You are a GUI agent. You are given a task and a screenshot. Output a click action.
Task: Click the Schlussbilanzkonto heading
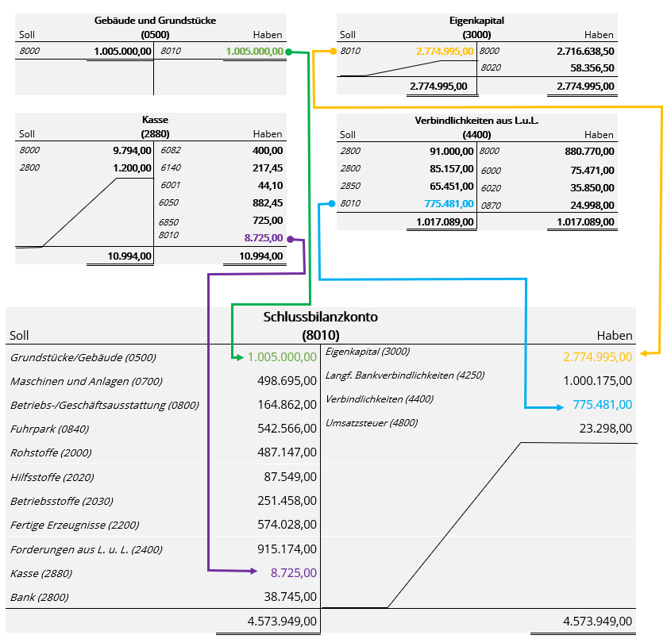pos(320,316)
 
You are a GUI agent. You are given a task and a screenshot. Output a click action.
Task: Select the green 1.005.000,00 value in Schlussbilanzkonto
pos(282,357)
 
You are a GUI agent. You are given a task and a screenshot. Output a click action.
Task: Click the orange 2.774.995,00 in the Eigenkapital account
pos(445,52)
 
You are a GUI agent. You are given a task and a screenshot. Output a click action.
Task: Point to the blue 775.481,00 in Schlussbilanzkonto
pos(602,405)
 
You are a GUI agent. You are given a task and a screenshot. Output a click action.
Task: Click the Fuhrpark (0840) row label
pos(49,429)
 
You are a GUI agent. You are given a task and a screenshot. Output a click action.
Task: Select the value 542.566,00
pos(287,429)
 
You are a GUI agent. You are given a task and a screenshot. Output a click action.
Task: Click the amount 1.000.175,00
pos(597,381)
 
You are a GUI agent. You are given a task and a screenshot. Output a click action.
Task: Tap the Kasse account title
pos(154,120)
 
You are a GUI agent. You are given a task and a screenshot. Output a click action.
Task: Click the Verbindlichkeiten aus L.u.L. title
pos(476,120)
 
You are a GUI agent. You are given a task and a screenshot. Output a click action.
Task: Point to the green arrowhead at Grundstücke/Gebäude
pos(237,358)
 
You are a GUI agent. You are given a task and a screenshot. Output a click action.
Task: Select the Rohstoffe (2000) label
pos(51,452)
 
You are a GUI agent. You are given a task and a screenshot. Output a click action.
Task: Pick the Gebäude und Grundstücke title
pos(155,20)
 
